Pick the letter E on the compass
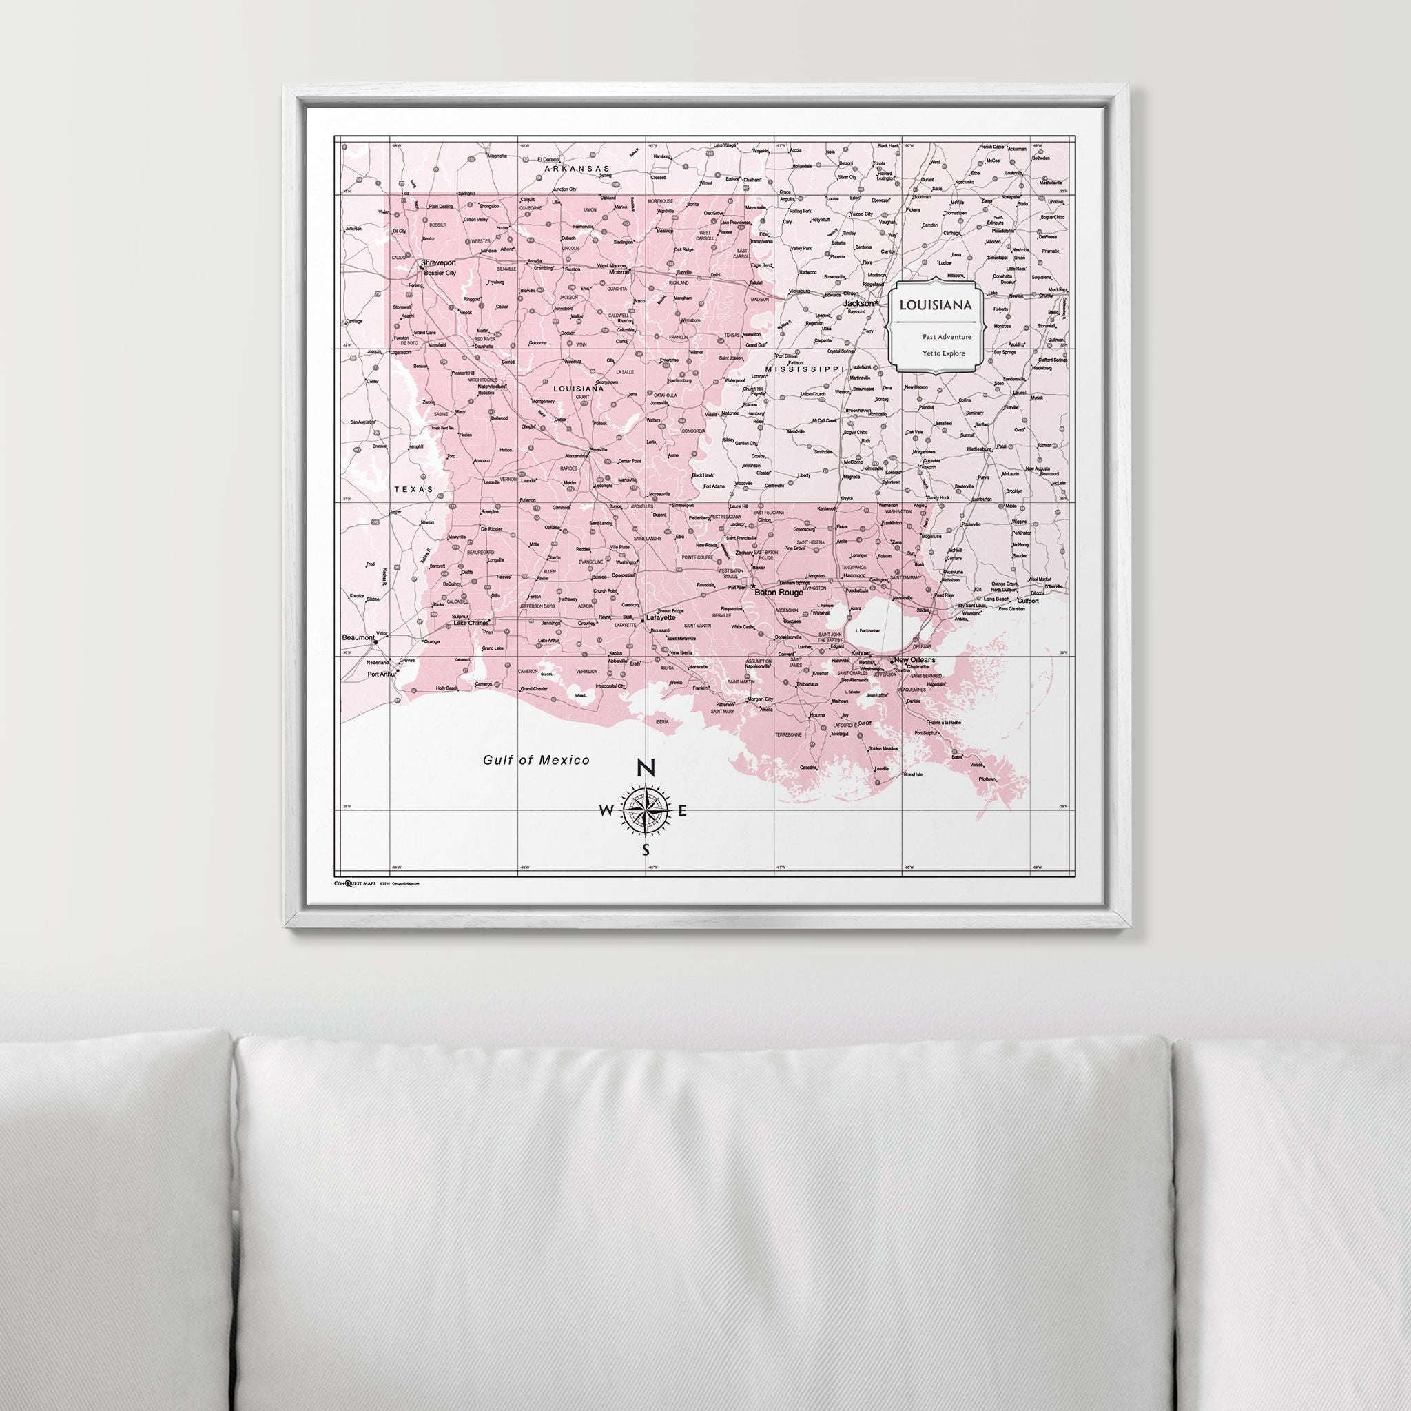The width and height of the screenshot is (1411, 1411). click(683, 811)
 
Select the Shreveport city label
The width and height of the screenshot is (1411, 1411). click(438, 263)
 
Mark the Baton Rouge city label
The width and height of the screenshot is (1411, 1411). click(779, 593)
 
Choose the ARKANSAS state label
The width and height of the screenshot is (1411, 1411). click(577, 169)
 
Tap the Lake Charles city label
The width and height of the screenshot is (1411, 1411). click(471, 622)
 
